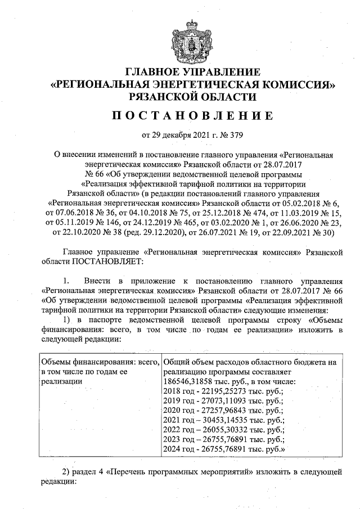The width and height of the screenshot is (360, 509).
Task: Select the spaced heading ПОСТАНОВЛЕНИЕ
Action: (192, 116)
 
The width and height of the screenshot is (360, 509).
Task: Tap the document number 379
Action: (238, 136)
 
